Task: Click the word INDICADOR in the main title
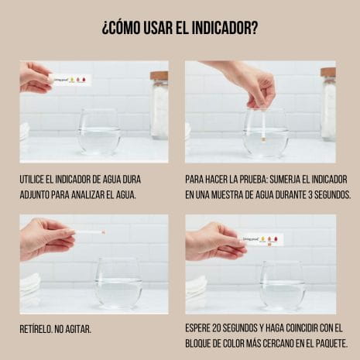(x=221, y=28)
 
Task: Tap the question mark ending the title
(x=254, y=28)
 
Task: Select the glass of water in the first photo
(x=99, y=132)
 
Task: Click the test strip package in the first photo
(x=70, y=80)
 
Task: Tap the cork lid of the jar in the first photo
(x=159, y=76)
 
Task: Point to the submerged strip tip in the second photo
(x=264, y=141)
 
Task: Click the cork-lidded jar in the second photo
(x=328, y=104)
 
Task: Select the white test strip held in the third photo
(x=90, y=232)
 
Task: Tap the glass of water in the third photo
(x=118, y=283)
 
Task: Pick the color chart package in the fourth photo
(x=262, y=240)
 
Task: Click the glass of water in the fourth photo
(x=283, y=286)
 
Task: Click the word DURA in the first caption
(x=132, y=180)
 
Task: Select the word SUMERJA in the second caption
(x=285, y=180)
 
